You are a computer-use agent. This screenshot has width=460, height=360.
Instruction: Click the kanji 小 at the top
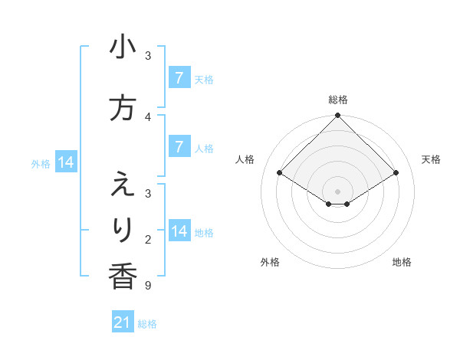click(x=123, y=48)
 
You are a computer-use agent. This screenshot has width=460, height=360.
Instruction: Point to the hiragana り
click(x=123, y=229)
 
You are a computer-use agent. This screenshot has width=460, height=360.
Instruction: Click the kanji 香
click(x=123, y=276)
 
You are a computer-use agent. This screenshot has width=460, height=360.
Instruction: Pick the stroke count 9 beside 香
click(x=147, y=286)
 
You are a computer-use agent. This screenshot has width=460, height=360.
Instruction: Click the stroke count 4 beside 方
click(x=147, y=117)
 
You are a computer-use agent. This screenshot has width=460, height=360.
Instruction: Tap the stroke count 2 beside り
click(x=147, y=240)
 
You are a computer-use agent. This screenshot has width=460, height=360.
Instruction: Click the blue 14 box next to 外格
click(x=65, y=162)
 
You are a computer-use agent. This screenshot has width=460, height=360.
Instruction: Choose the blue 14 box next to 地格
click(x=179, y=232)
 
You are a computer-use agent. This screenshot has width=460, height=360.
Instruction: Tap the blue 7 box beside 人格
click(x=179, y=148)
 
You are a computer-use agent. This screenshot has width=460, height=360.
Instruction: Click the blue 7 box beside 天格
click(x=179, y=78)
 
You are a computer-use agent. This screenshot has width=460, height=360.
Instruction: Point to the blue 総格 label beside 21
click(x=147, y=324)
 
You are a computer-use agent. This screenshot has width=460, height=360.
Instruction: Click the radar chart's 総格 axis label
click(x=337, y=100)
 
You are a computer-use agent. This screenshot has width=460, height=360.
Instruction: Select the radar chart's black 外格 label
click(x=270, y=262)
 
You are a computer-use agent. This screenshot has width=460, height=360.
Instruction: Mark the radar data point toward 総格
click(x=337, y=116)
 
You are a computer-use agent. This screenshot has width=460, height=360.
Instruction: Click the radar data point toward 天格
click(x=396, y=174)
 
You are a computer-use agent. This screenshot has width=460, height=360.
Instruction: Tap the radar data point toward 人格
click(x=279, y=174)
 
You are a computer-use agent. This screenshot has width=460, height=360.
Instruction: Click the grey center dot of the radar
click(x=337, y=191)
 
